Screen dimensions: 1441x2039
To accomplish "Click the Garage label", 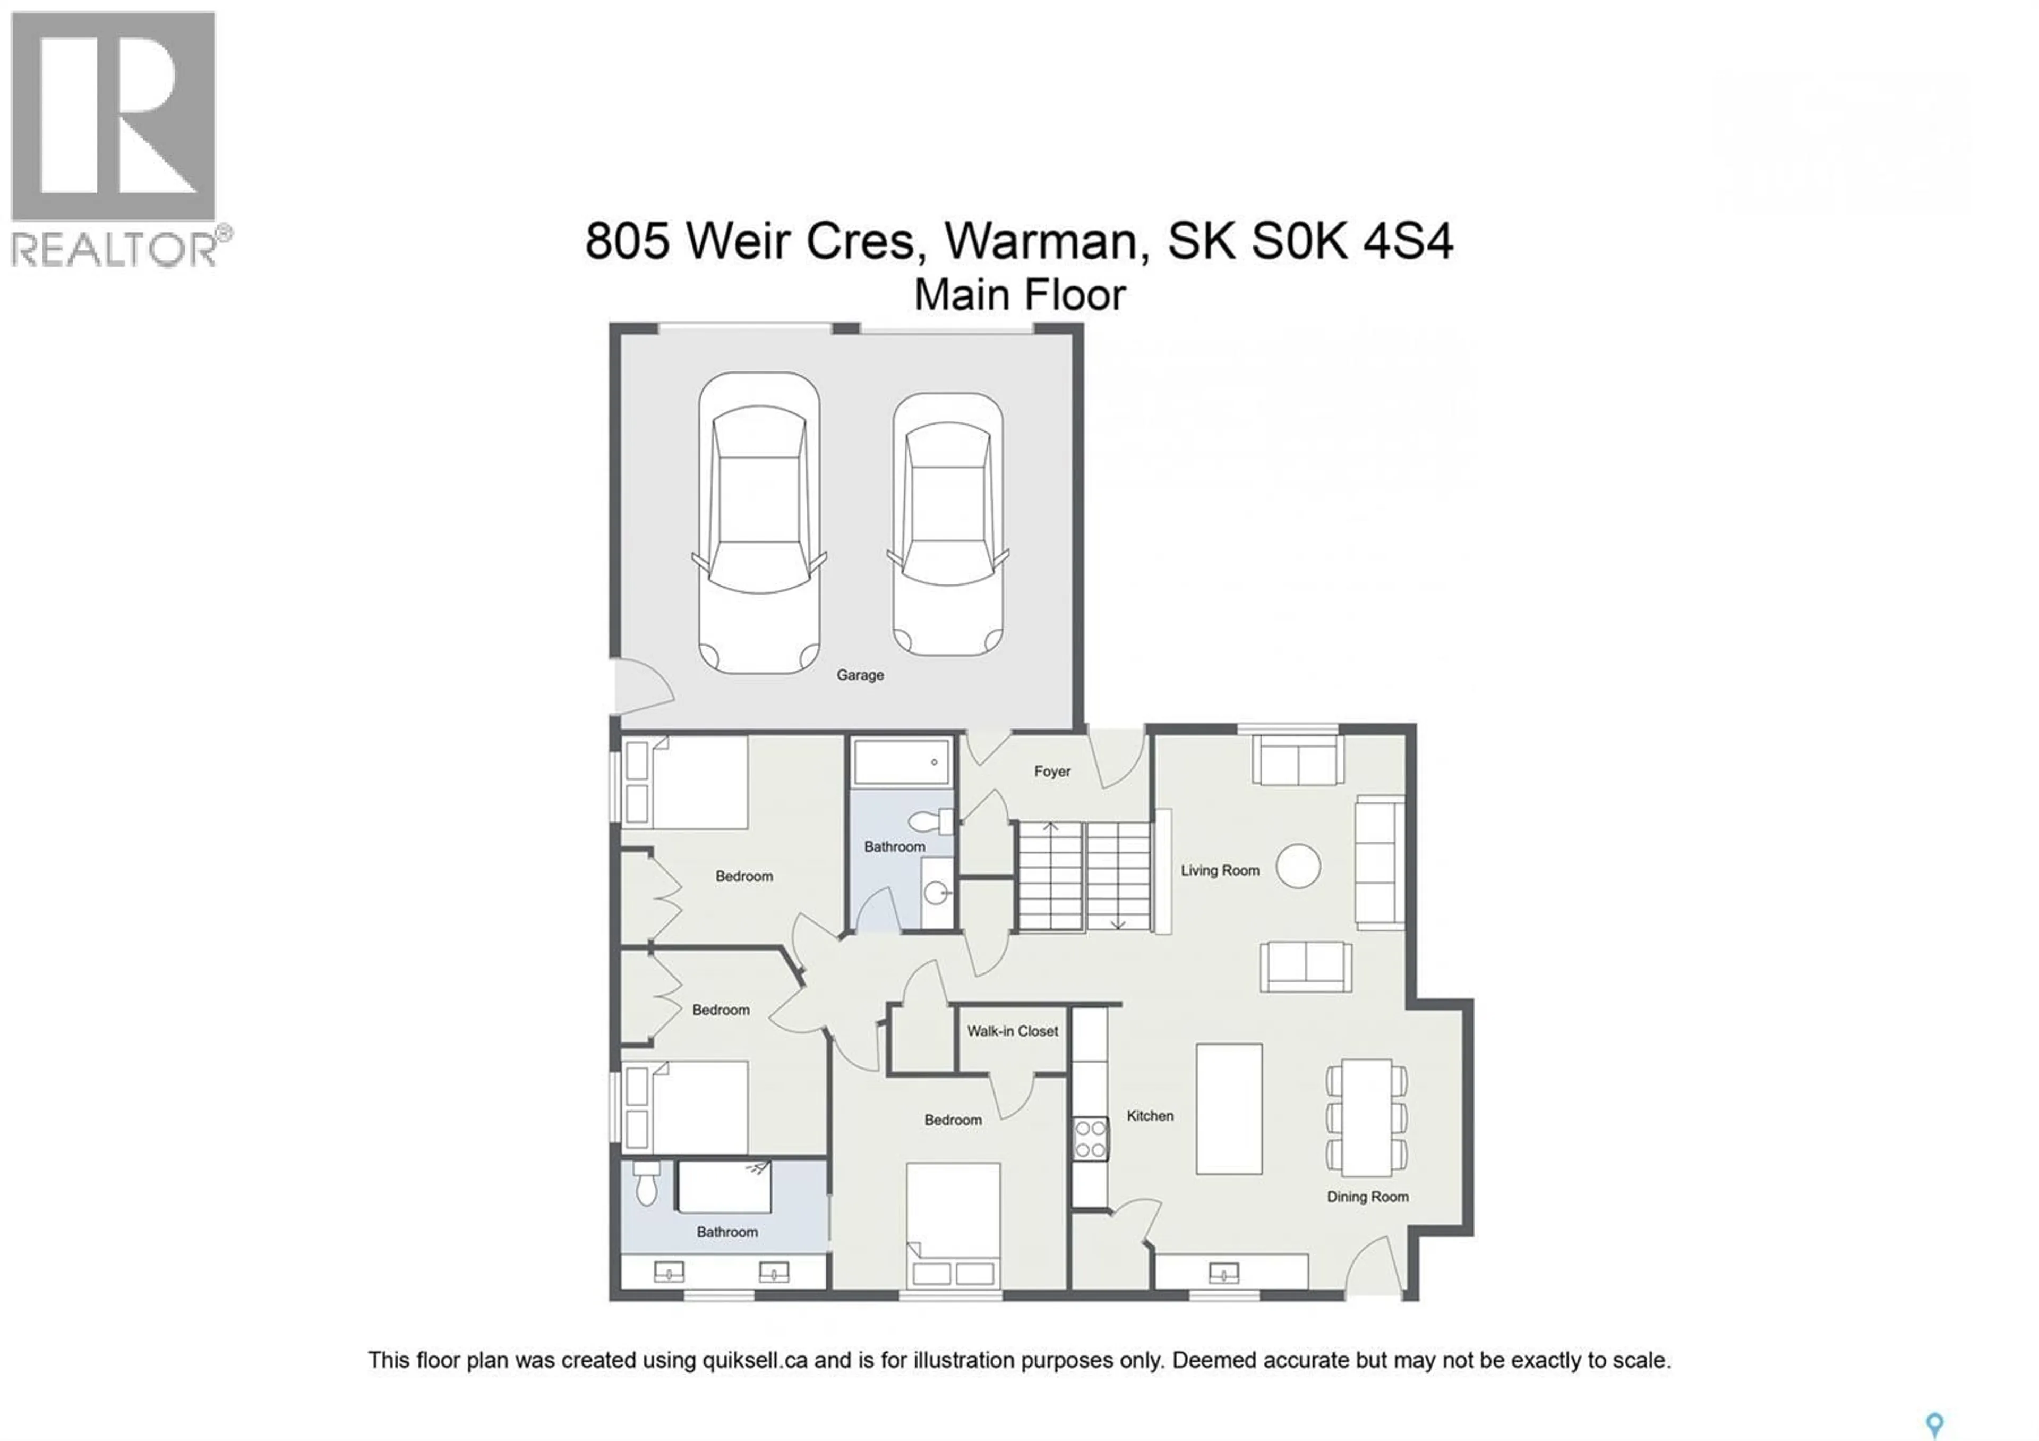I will tap(860, 675).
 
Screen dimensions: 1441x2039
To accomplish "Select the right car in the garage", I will tap(948, 524).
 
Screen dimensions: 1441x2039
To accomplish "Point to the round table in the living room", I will tap(1297, 866).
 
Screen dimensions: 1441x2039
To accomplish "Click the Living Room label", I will tap(1219, 871).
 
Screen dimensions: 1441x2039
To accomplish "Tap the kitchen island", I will tap(1229, 1109).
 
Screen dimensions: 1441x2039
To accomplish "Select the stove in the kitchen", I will tap(1091, 1139).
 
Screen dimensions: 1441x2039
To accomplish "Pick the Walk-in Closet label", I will tap(1013, 1031).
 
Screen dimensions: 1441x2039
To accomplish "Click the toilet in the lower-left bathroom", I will tap(647, 1185).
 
